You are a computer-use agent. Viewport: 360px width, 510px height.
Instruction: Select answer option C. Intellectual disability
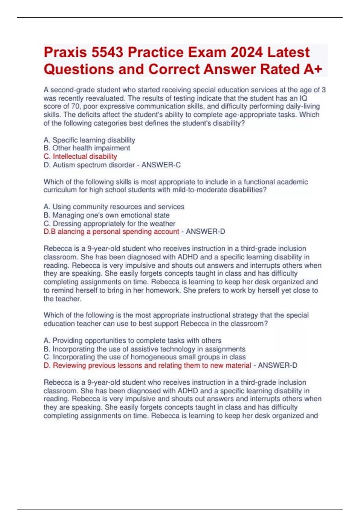coord(80,156)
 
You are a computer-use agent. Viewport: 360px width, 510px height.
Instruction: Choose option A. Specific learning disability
coord(89,140)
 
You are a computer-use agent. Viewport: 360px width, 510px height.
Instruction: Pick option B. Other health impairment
coord(87,148)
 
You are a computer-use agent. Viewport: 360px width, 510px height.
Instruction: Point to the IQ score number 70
coord(75,106)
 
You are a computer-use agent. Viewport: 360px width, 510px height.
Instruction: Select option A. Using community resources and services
coord(114,207)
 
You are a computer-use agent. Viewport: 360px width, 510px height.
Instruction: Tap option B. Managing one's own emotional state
coord(106,215)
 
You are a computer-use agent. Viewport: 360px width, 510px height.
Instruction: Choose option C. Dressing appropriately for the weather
coord(109,223)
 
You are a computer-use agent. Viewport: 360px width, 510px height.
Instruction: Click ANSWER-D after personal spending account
coord(205,232)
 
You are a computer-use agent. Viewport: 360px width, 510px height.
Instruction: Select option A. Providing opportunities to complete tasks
coord(133,340)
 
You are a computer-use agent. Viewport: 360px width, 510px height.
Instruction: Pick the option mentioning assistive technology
coord(145,349)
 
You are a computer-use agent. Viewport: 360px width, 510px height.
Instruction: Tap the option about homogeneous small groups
coord(145,357)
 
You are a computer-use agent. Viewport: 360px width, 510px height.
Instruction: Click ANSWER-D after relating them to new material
coord(277,365)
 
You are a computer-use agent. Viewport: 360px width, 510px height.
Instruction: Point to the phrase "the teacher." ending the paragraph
coord(62,299)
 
